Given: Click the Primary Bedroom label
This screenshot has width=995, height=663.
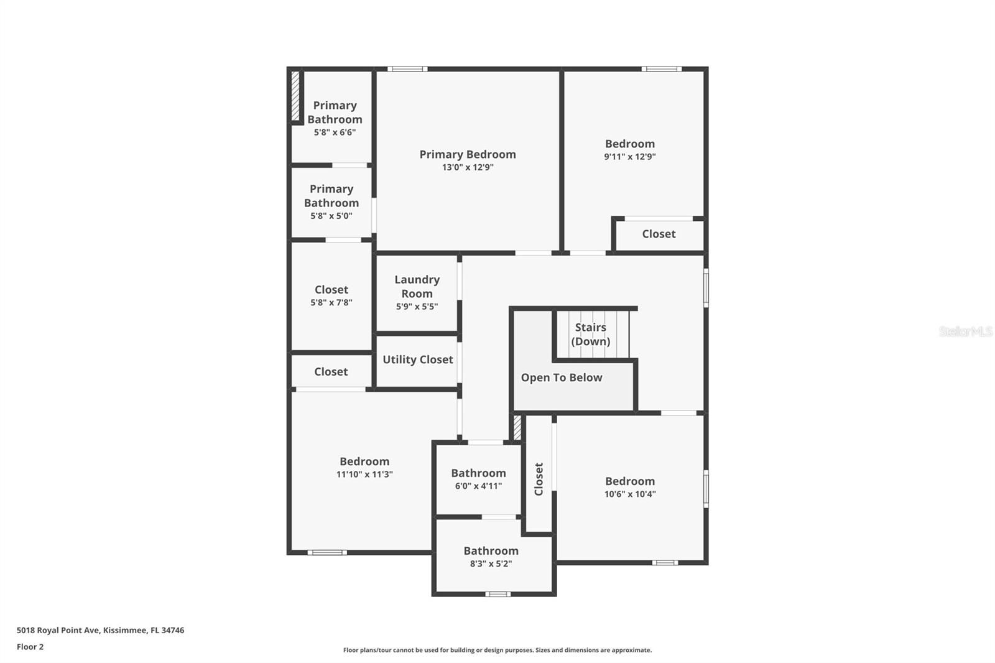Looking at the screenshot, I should pyautogui.click(x=468, y=154).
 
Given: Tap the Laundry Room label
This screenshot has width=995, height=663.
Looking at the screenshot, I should pyautogui.click(x=417, y=287).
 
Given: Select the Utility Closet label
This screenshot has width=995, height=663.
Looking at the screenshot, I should pyautogui.click(x=418, y=359).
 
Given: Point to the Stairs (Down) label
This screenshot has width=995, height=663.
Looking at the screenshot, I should pyautogui.click(x=591, y=334).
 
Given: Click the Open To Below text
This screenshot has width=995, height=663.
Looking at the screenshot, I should pyautogui.click(x=562, y=378).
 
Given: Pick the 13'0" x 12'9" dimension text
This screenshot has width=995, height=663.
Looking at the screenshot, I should pyautogui.click(x=468, y=167).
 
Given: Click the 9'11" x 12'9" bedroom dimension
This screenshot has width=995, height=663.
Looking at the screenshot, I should pyautogui.click(x=630, y=157).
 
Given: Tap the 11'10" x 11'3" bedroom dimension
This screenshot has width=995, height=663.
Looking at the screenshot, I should pyautogui.click(x=364, y=475).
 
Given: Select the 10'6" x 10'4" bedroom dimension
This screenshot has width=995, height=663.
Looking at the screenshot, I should pyautogui.click(x=630, y=494).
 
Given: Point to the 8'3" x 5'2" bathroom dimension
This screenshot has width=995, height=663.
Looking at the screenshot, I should pyautogui.click(x=491, y=564).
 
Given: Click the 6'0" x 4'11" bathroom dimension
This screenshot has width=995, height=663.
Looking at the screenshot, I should pyautogui.click(x=478, y=486).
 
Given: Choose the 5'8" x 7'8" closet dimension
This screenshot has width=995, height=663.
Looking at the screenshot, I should pyautogui.click(x=331, y=303).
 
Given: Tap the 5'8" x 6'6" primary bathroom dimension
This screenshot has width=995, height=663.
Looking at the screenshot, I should pyautogui.click(x=335, y=132).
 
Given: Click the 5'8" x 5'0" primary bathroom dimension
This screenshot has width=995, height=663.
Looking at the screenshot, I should pyautogui.click(x=331, y=216).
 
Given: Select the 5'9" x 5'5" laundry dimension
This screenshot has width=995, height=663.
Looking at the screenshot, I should pyautogui.click(x=417, y=307).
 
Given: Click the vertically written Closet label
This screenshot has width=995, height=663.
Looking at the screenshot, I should pyautogui.click(x=539, y=479).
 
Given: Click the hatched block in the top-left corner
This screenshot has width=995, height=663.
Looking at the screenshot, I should pyautogui.click(x=295, y=96).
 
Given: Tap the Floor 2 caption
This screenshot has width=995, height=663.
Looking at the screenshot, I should pyautogui.click(x=30, y=647).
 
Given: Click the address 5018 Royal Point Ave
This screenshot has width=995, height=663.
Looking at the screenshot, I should pyautogui.click(x=100, y=630).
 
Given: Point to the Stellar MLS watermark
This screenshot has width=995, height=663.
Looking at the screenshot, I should pyautogui.click(x=965, y=331).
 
